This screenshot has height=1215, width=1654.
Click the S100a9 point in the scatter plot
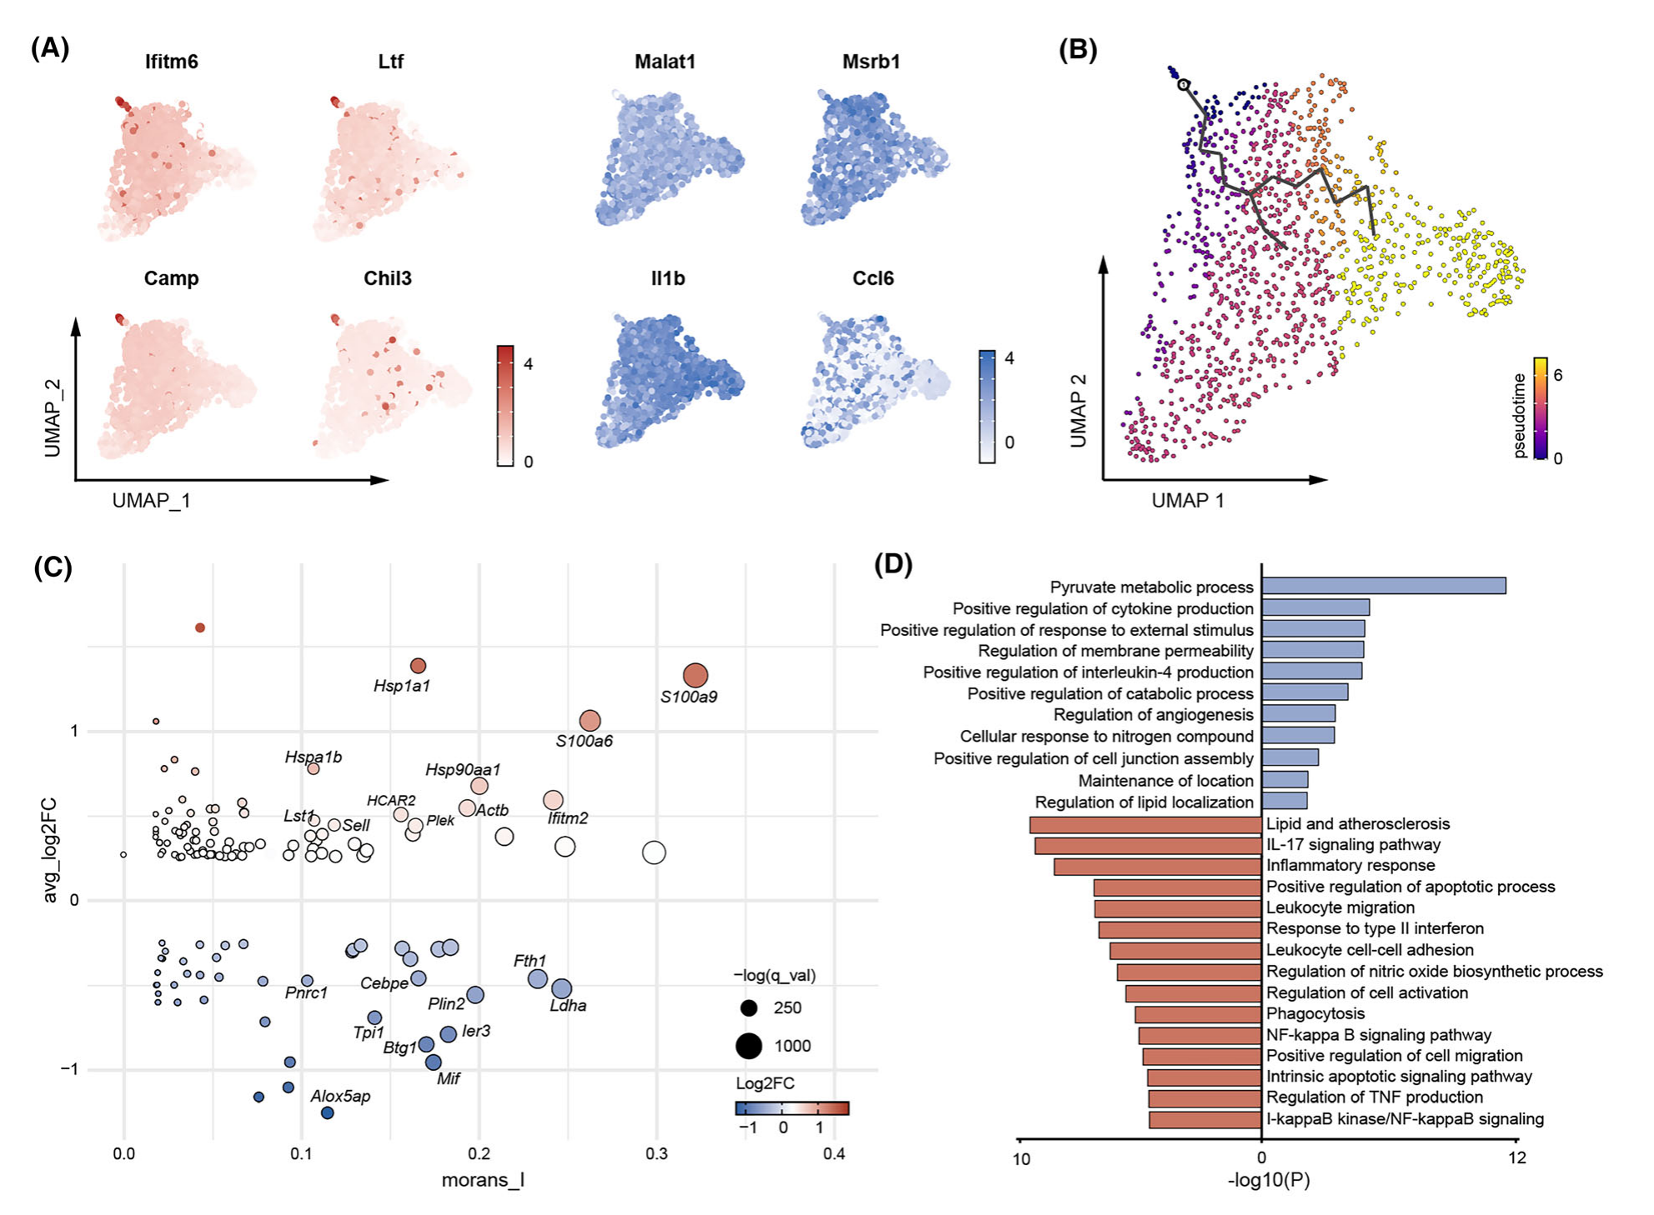[695, 675]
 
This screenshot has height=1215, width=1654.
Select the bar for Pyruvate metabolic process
[1383, 586]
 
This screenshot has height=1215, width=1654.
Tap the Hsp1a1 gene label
[402, 686]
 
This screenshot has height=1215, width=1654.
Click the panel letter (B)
[1078, 50]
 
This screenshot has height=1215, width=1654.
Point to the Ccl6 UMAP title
[873, 278]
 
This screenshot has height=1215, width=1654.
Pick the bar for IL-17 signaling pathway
[1148, 846]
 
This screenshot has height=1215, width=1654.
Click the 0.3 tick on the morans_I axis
[656, 1154]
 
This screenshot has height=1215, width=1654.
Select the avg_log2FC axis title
[51, 850]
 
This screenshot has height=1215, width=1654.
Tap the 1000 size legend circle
[749, 1046]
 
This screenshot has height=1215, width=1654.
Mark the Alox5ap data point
[328, 1113]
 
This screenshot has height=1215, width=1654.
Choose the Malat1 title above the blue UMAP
[664, 62]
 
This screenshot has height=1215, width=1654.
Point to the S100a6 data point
[589, 720]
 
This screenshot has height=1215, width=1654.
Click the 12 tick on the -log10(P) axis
[1517, 1157]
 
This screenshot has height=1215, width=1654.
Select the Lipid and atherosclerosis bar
[1145, 825]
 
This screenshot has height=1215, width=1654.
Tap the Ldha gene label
[568, 1006]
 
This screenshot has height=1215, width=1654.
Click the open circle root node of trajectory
[1183, 84]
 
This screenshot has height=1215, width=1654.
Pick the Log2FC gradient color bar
[792, 1108]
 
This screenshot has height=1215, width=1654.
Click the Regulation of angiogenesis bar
[1298, 714]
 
